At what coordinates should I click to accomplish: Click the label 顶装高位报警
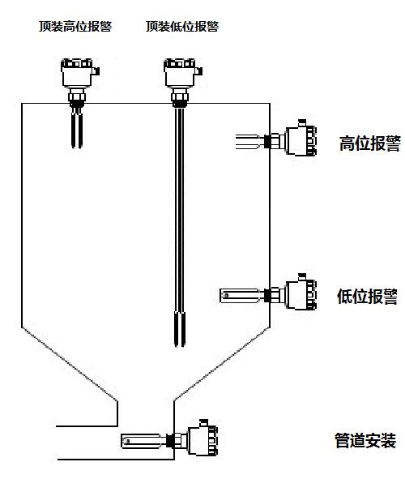click(75, 26)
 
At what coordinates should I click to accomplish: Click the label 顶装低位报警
click(182, 26)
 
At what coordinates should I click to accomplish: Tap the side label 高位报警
click(370, 143)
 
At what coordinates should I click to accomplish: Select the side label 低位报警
click(368, 296)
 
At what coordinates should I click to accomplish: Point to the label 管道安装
click(365, 440)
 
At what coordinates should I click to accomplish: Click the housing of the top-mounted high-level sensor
click(77, 73)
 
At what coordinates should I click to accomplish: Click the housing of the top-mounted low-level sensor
click(180, 73)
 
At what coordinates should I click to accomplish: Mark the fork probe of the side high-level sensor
click(249, 142)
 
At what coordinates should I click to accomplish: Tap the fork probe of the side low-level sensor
click(241, 295)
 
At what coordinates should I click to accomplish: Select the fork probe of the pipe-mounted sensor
click(143, 441)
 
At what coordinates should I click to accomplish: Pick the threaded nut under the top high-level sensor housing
click(77, 98)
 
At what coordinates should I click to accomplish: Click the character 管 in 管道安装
click(342, 440)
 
